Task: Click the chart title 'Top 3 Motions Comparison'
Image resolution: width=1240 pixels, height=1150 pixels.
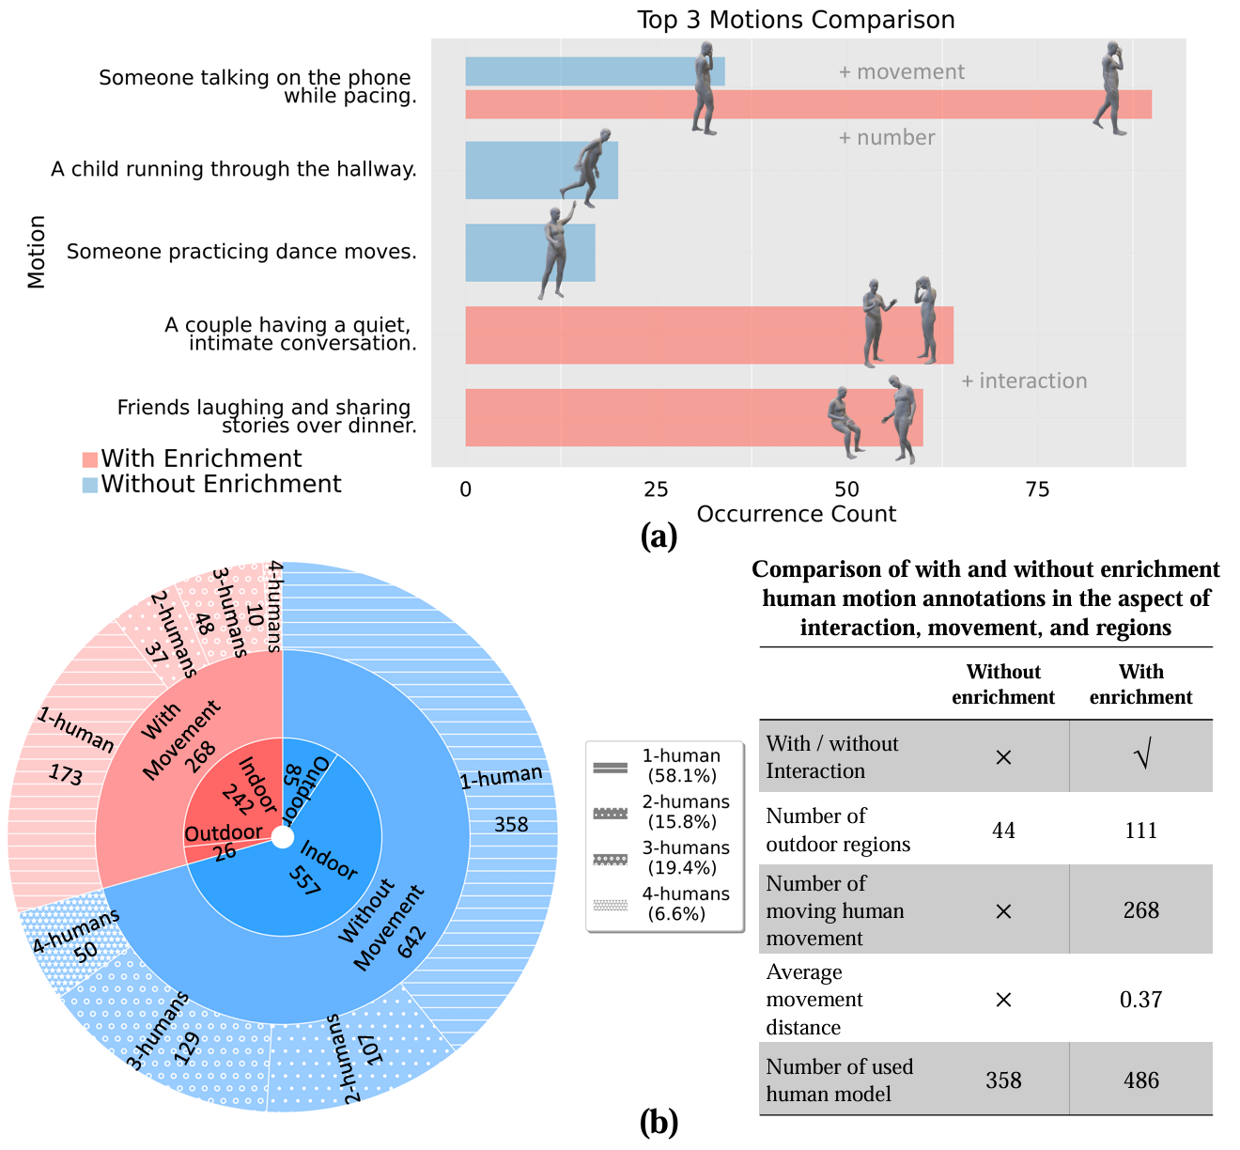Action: click(x=796, y=20)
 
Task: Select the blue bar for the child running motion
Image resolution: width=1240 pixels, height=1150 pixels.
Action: click(x=541, y=171)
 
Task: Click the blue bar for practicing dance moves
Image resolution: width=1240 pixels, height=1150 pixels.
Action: click(x=530, y=253)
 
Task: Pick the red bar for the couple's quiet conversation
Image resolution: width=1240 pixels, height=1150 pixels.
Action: click(x=708, y=334)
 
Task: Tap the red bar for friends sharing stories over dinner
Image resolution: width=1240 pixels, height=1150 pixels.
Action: click(x=693, y=417)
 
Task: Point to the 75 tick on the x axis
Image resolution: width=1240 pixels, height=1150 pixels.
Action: click(x=1037, y=490)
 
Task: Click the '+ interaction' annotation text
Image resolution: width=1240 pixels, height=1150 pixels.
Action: click(x=1024, y=381)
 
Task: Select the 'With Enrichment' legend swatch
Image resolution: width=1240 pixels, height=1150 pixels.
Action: click(x=90, y=459)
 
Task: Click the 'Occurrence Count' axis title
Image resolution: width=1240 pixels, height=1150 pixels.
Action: click(x=796, y=514)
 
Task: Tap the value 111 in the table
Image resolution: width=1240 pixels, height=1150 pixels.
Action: click(x=1140, y=831)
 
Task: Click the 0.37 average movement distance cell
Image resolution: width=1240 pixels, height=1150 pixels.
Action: click(x=1140, y=1000)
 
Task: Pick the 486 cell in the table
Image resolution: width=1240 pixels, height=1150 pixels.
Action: click(x=1141, y=1080)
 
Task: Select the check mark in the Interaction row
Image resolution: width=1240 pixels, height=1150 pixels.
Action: click(x=1141, y=754)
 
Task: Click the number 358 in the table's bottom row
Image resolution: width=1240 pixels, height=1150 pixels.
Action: click(x=1003, y=1080)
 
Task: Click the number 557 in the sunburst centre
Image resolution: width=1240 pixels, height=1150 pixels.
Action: click(x=304, y=881)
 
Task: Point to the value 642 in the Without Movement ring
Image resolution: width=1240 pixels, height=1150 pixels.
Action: click(x=412, y=942)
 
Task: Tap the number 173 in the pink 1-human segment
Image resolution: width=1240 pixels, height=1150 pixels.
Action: click(x=66, y=774)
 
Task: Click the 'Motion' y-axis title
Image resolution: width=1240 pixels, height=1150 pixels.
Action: click(x=37, y=252)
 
